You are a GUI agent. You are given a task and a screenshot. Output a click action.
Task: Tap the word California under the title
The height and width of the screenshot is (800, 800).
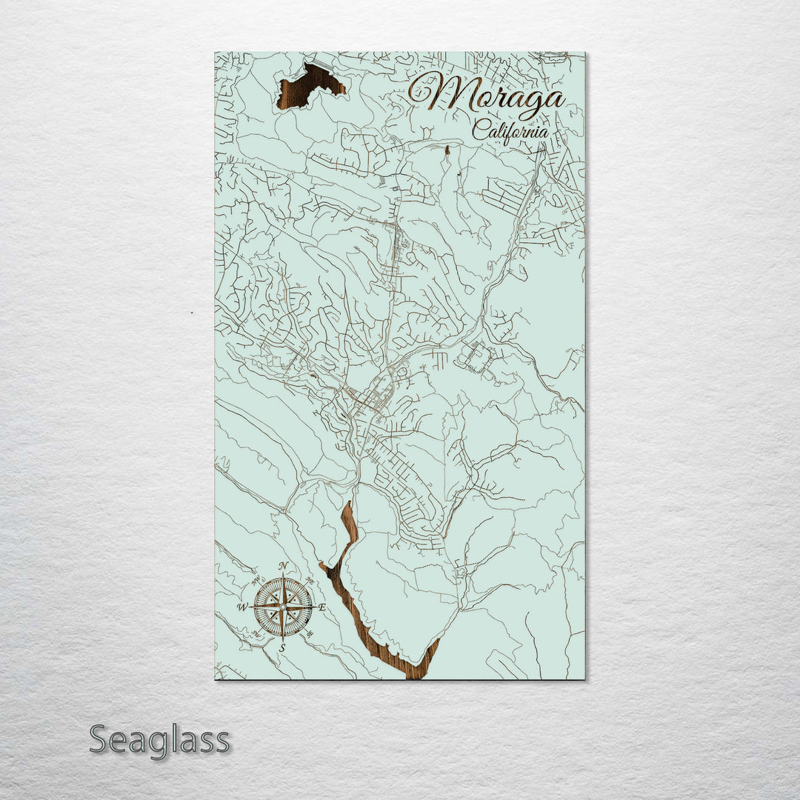[511, 132]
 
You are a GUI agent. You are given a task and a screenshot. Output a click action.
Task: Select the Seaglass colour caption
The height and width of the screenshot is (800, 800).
[159, 740]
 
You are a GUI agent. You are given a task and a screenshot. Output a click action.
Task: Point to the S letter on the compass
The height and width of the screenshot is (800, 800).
[282, 647]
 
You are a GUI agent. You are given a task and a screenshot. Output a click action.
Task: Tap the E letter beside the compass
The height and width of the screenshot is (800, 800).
[321, 607]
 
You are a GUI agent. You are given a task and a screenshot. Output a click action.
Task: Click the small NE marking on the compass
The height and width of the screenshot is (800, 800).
[310, 581]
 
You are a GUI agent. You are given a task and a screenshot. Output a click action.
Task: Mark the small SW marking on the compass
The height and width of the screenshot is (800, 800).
[256, 634]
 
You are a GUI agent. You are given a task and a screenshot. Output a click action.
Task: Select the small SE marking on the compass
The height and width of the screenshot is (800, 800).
[310, 634]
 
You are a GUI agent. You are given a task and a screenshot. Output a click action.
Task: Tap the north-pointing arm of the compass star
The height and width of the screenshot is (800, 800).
[282, 589]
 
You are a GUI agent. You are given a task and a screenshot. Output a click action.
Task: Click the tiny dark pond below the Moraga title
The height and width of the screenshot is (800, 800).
[447, 150]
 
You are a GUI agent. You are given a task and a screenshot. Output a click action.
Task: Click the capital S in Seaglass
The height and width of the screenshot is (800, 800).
[101, 740]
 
